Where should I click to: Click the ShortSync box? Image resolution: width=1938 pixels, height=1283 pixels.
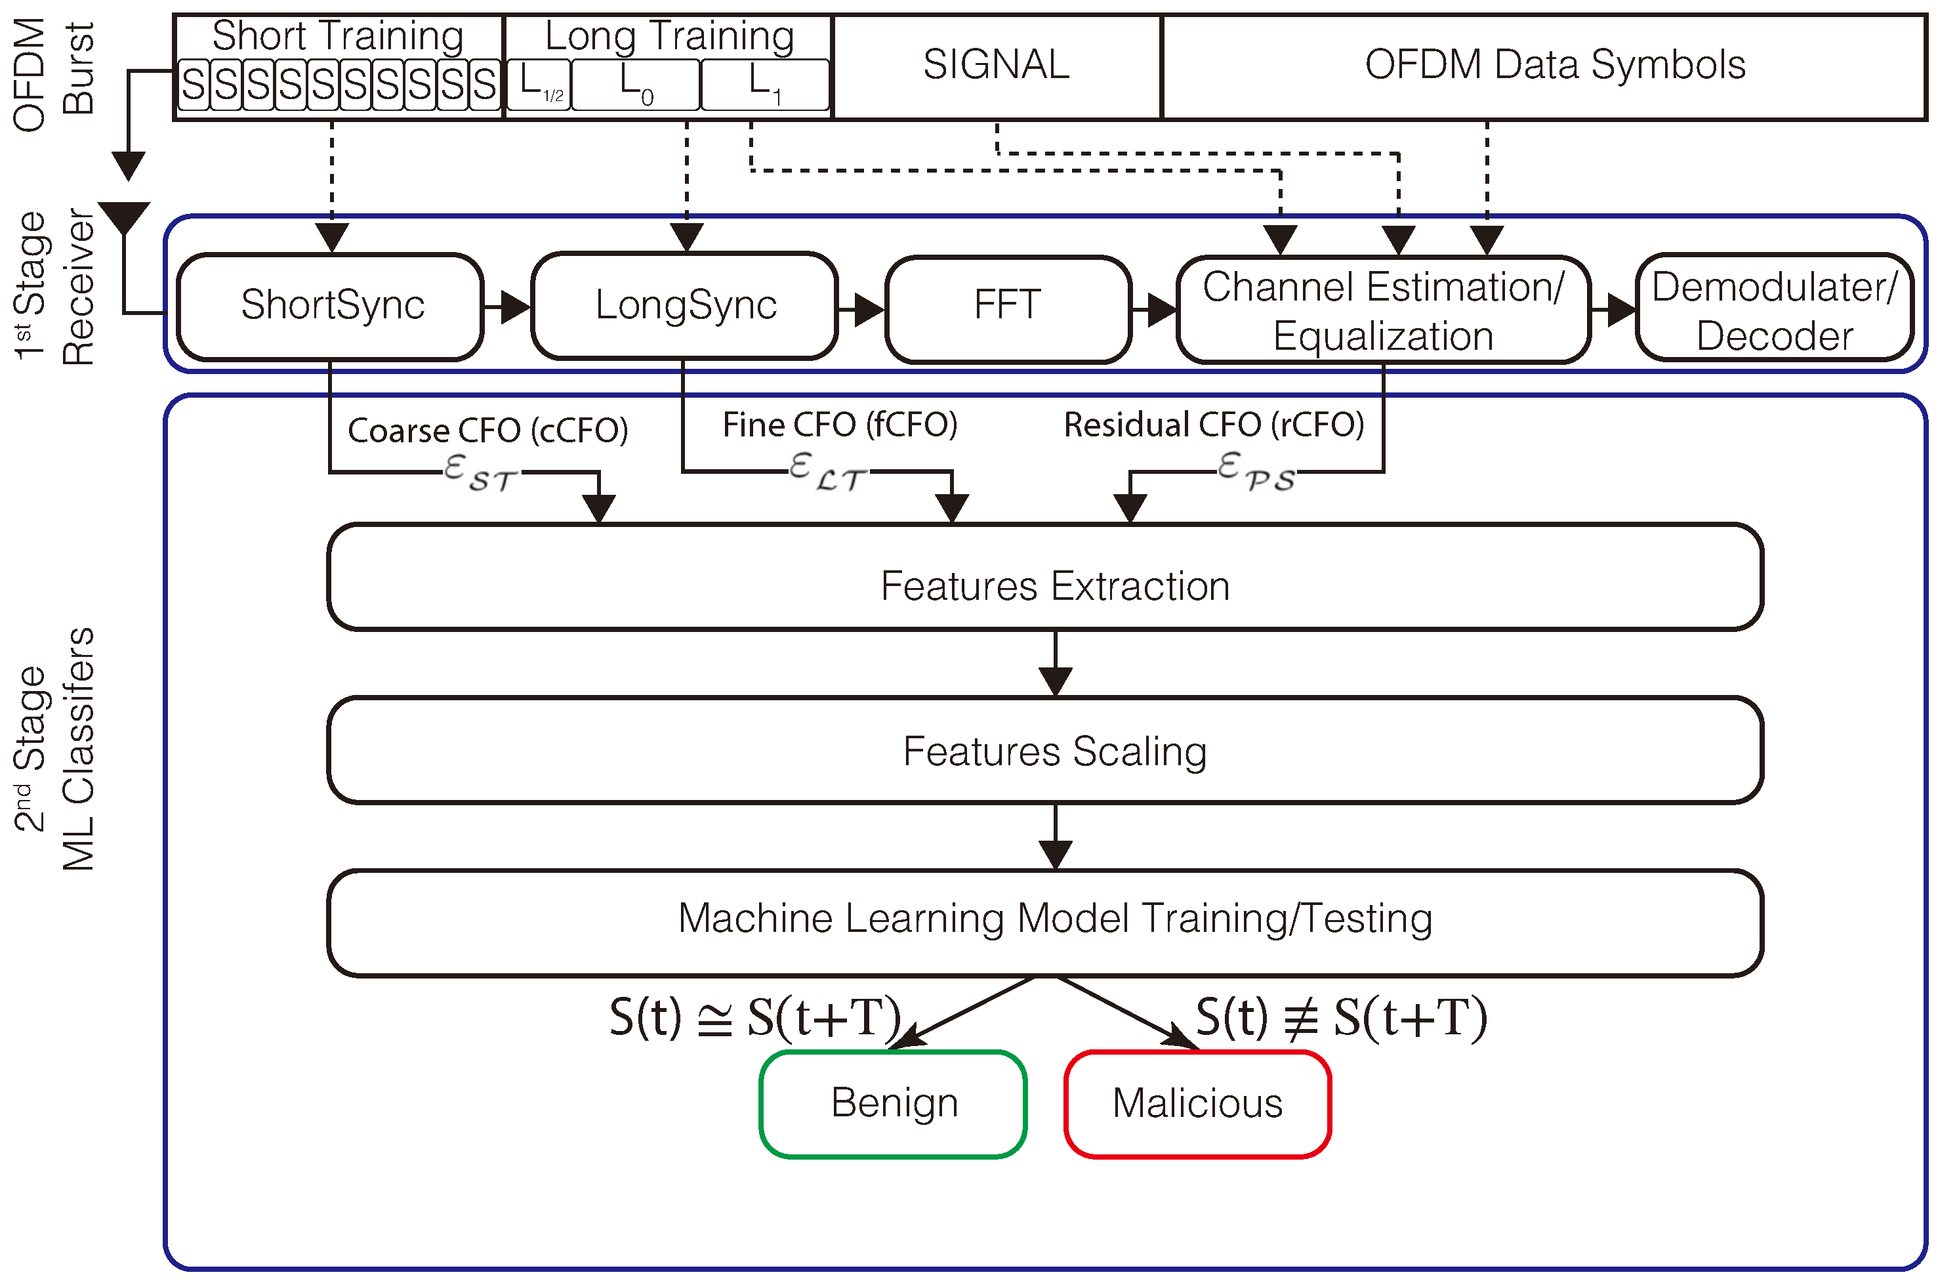tap(331, 306)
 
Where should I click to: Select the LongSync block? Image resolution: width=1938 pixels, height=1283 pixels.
tap(685, 306)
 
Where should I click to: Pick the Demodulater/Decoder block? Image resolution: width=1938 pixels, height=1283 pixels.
tap(1773, 309)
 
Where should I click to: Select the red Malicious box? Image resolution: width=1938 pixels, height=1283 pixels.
tap(1197, 1103)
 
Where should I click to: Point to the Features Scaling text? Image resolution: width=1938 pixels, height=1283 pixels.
tap(1054, 751)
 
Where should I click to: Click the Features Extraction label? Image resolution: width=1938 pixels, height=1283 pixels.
tap(1054, 586)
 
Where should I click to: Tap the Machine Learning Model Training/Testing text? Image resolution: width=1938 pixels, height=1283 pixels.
tap(1054, 917)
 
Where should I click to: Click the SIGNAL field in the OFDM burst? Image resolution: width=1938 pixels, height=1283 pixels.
tap(997, 66)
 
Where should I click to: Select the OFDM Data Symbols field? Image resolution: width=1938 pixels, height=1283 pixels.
tap(1554, 66)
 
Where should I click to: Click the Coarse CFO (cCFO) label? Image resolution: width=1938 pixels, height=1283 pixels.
tap(487, 431)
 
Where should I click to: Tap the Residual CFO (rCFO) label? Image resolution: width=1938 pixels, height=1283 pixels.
tap(1213, 425)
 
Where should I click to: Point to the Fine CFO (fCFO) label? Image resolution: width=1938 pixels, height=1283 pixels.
tap(839, 425)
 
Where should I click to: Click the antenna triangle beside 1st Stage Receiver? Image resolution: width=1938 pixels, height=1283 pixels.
tap(125, 216)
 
